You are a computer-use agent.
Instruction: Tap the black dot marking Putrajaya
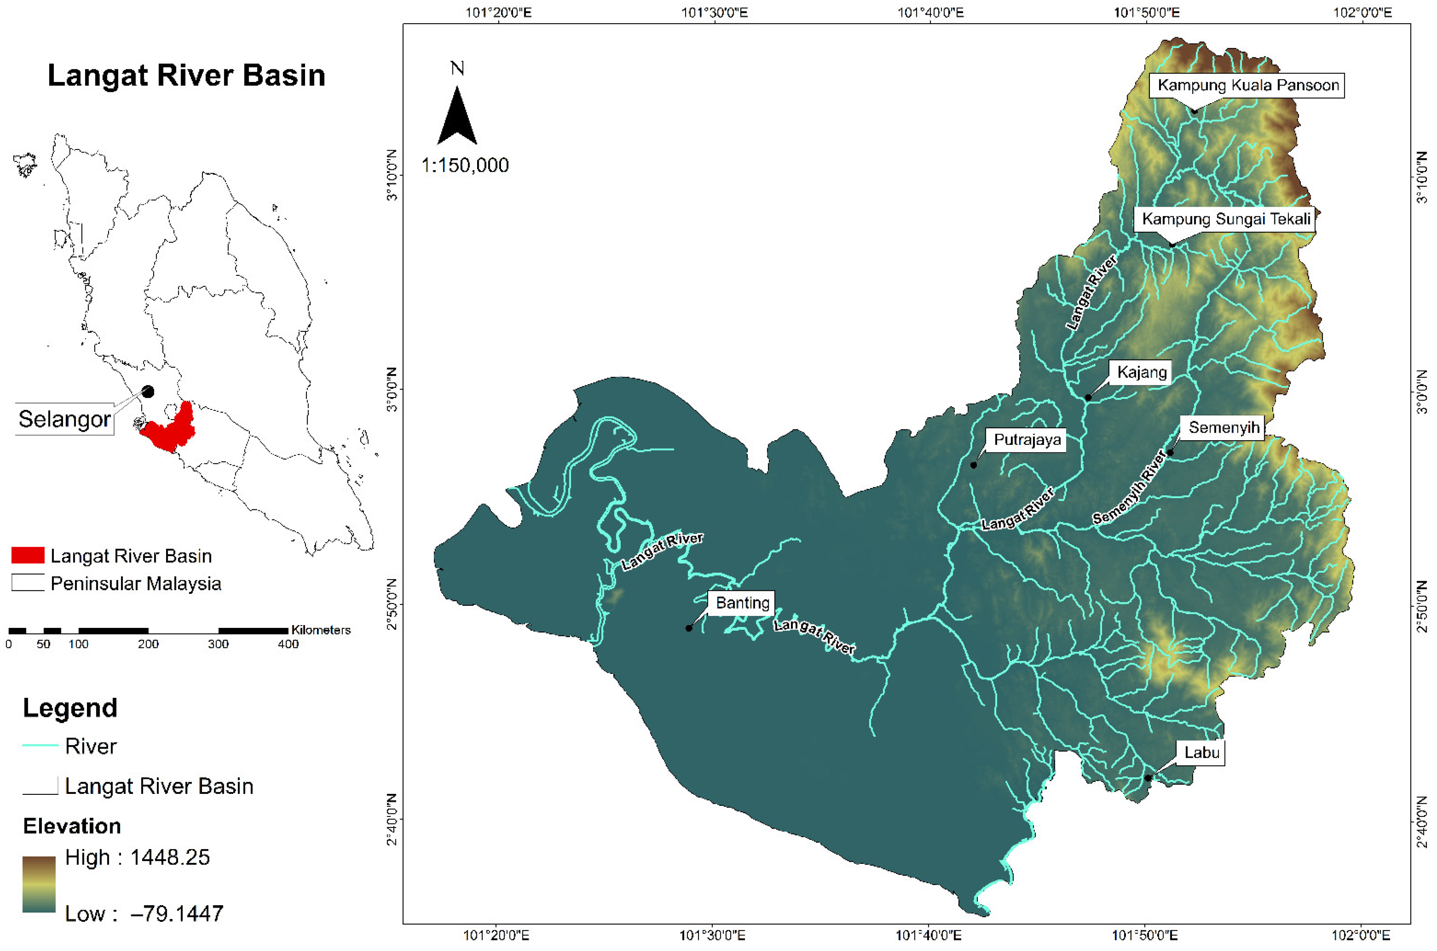973,465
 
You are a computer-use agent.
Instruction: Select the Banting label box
742,603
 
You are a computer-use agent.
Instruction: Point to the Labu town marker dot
1147,778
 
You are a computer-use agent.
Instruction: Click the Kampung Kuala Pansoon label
1248,85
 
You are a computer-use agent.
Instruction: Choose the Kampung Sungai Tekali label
1226,219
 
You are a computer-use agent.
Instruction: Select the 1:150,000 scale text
465,165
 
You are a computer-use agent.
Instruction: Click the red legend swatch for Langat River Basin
28,555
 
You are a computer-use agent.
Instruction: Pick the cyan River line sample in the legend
40,745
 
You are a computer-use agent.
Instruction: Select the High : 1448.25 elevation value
138,857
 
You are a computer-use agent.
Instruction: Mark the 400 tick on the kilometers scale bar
288,644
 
